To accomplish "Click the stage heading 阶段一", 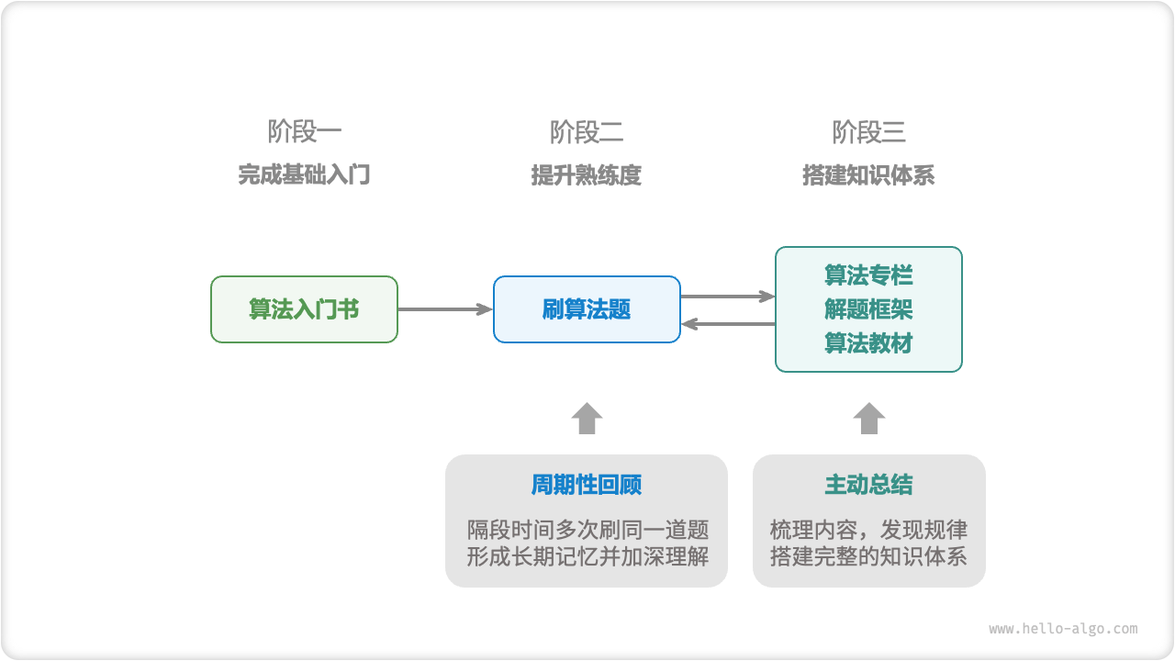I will [x=305, y=132].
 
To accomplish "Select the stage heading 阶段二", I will [x=587, y=132].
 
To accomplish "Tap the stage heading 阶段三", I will [x=868, y=132].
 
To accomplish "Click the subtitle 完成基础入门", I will [x=305, y=175].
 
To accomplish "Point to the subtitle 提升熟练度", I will [x=587, y=175].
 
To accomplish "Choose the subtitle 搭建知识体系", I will [x=868, y=175].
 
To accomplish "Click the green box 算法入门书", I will [x=304, y=309].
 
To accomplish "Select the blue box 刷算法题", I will [x=587, y=309].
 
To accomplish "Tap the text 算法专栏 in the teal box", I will [x=868, y=275].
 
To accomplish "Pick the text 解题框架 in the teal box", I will [x=868, y=309].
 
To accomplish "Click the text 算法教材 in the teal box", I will [x=868, y=343].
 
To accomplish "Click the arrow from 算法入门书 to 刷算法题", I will [x=445, y=309].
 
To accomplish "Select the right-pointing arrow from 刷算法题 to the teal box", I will [x=728, y=296].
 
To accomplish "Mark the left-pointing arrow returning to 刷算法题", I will [x=728, y=323].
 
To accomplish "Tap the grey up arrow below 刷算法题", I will [x=587, y=419].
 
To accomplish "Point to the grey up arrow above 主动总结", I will [x=868, y=419].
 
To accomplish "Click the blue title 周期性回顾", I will [x=587, y=485].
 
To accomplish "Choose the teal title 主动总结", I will [x=868, y=485].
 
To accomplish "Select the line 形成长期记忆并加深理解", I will [x=587, y=556].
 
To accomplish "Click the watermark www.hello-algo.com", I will [x=1063, y=629].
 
